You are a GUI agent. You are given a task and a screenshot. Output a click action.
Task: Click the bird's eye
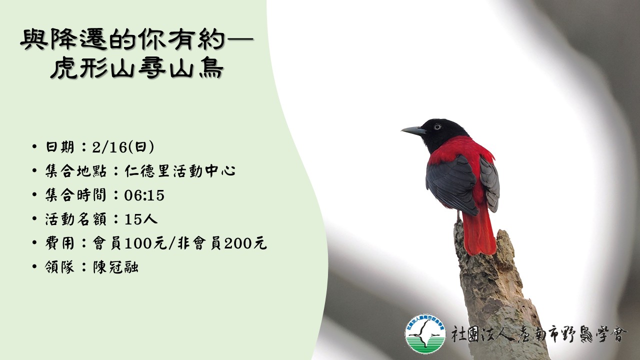pyautogui.click(x=437, y=126)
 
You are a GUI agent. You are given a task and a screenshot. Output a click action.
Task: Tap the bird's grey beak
pyautogui.click(x=413, y=131)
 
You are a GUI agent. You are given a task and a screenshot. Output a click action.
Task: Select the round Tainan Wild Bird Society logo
pyautogui.click(x=425, y=333)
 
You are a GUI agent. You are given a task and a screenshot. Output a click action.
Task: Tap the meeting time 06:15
pyautogui.click(x=144, y=195)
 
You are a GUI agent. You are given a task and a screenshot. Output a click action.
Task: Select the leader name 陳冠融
pyautogui.click(x=116, y=267)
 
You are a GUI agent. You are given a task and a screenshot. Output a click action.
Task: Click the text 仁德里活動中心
pyautogui.click(x=180, y=171)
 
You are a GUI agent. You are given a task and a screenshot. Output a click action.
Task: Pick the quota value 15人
pyautogui.click(x=141, y=219)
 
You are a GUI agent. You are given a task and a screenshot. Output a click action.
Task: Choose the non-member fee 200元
pyautogui.click(x=245, y=243)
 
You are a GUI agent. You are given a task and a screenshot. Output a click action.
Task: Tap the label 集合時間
pyautogui.click(x=75, y=195)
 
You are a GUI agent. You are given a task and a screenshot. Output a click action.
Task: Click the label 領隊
pyautogui.click(x=59, y=267)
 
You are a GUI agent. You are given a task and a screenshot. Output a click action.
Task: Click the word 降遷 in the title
pyautogui.click(x=78, y=39)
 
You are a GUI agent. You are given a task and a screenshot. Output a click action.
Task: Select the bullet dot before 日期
pyautogui.click(x=34, y=147)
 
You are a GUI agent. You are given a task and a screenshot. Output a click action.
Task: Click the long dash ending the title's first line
pyautogui.click(x=239, y=39)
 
